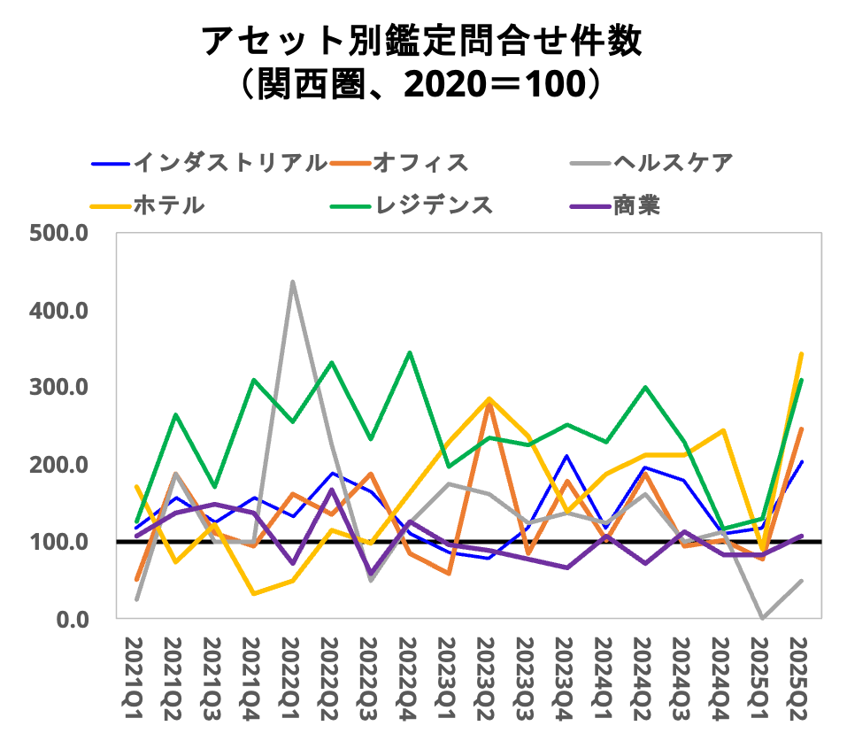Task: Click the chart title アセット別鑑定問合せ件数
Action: pyautogui.click(x=422, y=41)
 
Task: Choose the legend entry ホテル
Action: pyautogui.click(x=168, y=205)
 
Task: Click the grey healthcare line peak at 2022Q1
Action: pyautogui.click(x=292, y=282)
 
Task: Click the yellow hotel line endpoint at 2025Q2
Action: pyautogui.click(x=801, y=354)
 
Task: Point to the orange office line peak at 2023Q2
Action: pyautogui.click(x=488, y=403)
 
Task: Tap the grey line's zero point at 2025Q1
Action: pyautogui.click(x=762, y=617)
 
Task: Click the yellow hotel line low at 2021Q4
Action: pyautogui.click(x=253, y=593)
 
